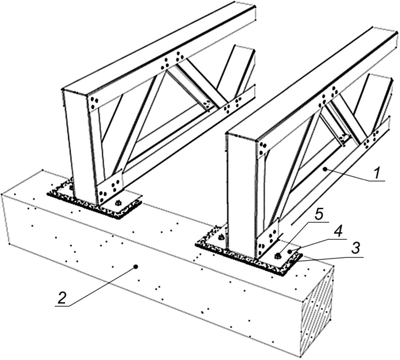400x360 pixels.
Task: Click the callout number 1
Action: (377, 172)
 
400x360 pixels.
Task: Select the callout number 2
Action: (62, 298)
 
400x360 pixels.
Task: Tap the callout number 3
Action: (355, 248)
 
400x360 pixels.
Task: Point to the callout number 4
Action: (340, 231)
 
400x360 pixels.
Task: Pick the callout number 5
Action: (320, 215)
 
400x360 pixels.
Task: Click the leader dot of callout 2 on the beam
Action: (136, 266)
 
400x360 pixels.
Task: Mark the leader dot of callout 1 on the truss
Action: (325, 169)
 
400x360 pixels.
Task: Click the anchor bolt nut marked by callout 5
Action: (277, 255)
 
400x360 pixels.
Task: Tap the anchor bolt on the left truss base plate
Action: (118, 203)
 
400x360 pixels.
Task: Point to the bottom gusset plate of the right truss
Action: (268, 239)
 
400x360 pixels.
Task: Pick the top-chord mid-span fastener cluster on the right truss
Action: (329, 96)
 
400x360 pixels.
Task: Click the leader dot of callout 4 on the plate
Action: (289, 251)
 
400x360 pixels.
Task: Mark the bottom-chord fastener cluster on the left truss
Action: (233, 105)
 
